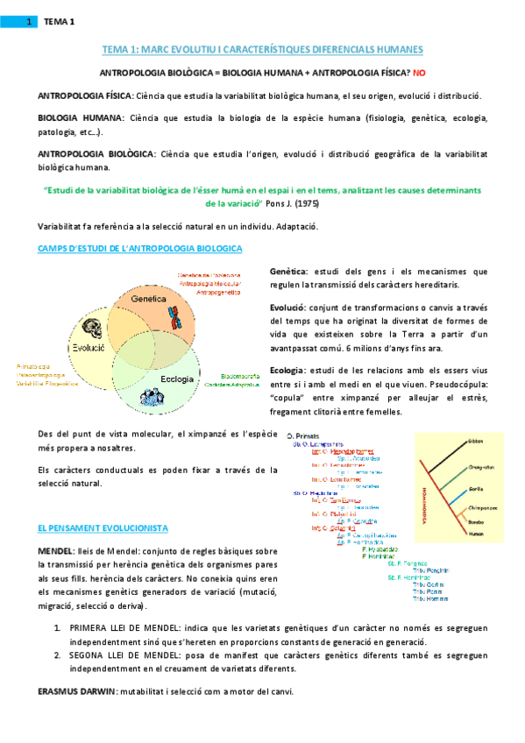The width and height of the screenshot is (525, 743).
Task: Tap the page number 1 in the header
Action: [28, 21]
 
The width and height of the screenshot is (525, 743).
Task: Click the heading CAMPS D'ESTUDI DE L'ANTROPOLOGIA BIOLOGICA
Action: [139, 249]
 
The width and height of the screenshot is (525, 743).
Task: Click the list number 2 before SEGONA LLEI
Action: [57, 655]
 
